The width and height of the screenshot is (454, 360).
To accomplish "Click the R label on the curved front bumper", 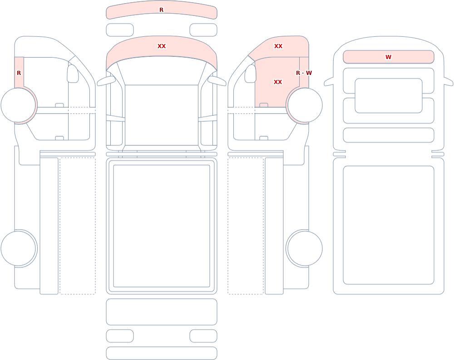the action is point(161,10).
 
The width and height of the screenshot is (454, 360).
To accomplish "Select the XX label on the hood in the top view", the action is point(162,46).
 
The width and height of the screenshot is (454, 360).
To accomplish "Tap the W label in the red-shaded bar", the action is point(388,57).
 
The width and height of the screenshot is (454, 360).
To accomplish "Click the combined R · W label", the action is point(304,73).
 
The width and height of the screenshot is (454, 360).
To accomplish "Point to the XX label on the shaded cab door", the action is point(278,82).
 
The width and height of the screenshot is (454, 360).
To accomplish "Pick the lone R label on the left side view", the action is point(19,73).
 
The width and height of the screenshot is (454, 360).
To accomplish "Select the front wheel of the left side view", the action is point(18,105).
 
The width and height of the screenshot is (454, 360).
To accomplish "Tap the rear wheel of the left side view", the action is point(18,248).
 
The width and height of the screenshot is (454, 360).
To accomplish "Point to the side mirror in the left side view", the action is point(73,74).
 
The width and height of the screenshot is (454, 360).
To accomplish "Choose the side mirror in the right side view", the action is point(251,74).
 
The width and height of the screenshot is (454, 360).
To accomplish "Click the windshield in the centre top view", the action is point(162,115).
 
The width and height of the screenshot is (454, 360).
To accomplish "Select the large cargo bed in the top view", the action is point(162,226).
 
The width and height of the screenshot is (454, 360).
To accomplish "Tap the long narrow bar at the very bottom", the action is point(162,353).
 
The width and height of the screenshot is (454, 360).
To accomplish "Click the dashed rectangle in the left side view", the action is point(78,226).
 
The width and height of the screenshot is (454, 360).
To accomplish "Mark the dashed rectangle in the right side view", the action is point(246,226).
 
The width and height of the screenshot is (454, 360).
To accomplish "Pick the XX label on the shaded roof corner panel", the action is point(278,46).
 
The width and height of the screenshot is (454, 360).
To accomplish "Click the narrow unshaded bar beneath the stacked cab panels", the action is point(389,135).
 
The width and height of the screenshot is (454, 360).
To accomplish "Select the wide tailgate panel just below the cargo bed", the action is point(162,312).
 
